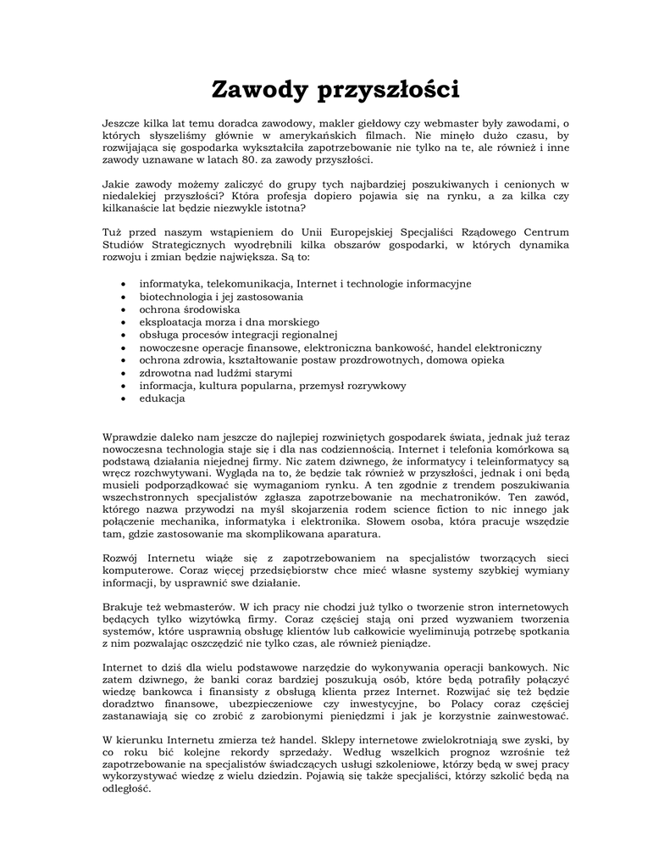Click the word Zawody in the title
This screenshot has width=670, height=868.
coord(257,88)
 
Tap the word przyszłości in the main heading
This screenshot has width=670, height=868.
coord(386,90)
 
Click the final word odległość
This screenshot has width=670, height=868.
coord(125,788)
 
